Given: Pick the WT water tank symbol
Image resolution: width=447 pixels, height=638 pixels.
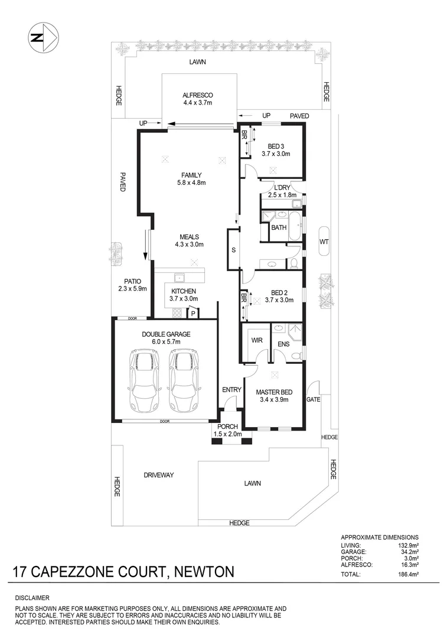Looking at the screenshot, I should (x=324, y=241).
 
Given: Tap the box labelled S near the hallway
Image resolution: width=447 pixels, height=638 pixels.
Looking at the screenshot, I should (x=233, y=250).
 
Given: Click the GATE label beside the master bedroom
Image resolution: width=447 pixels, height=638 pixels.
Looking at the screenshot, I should (x=312, y=400).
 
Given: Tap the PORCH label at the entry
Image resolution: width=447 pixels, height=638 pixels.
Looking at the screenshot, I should (x=227, y=427).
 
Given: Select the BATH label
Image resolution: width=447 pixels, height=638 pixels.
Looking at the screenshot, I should (x=279, y=227).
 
